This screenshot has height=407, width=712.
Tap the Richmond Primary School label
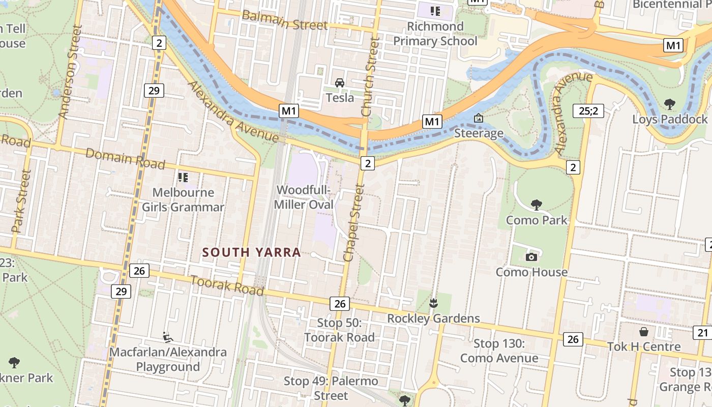pyautogui.click(x=435, y=34)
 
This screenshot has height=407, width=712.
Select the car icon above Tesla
pyautogui.click(x=340, y=82)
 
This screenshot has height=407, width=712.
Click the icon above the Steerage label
pyautogui.click(x=479, y=118)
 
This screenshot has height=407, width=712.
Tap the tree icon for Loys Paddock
pyautogui.click(x=670, y=104)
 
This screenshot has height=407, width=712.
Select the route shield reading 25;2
pyautogui.click(x=588, y=110)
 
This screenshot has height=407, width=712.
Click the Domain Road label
pyautogui.click(x=125, y=158)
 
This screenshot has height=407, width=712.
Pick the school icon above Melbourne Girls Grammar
pyautogui.click(x=183, y=177)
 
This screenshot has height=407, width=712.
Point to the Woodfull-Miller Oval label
pyautogui.click(x=304, y=197)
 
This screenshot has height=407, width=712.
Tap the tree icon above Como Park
pyautogui.click(x=536, y=205)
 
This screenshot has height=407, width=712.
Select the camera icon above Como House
pyautogui.click(x=531, y=257)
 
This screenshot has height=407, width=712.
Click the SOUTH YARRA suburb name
pyautogui.click(x=251, y=252)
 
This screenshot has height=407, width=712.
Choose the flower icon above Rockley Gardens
pyautogui.click(x=433, y=303)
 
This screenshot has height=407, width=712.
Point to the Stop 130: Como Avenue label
pyautogui.click(x=499, y=351)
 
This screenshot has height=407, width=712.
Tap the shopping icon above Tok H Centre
pyautogui.click(x=644, y=332)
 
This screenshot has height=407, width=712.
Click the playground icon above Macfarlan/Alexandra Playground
pyautogui.click(x=167, y=337)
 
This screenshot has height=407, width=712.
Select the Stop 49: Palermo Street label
pyautogui.click(x=331, y=388)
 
